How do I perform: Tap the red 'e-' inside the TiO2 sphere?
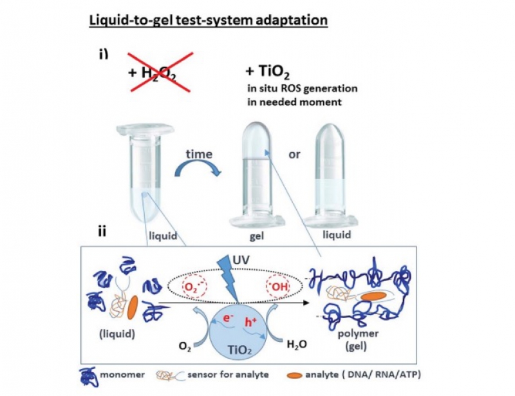point(229,321)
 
